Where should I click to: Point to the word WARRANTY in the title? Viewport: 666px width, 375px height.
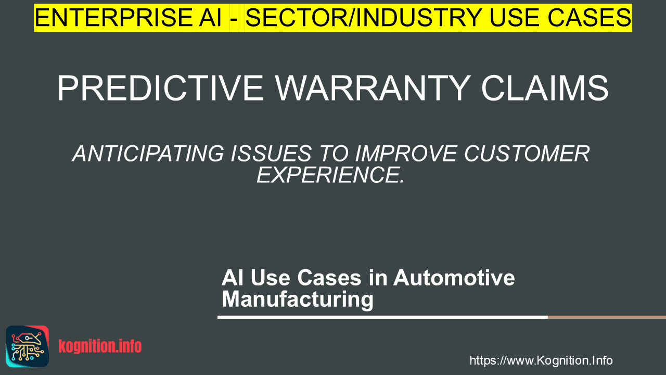(x=373, y=89)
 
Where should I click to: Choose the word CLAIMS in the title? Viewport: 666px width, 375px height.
(x=545, y=89)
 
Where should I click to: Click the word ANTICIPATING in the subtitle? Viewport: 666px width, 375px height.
(x=148, y=154)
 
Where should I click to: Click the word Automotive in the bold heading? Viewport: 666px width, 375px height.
(x=454, y=278)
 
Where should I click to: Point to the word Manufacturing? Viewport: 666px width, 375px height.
(x=298, y=299)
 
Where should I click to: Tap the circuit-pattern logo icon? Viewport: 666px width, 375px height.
(x=28, y=346)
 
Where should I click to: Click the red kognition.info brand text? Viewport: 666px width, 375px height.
(x=100, y=346)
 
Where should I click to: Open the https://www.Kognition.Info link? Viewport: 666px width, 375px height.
(x=541, y=360)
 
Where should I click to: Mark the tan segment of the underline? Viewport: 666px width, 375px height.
(x=607, y=317)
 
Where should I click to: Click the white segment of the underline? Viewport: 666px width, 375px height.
(x=382, y=317)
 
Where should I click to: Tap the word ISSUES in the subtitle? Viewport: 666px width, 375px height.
(x=271, y=154)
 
